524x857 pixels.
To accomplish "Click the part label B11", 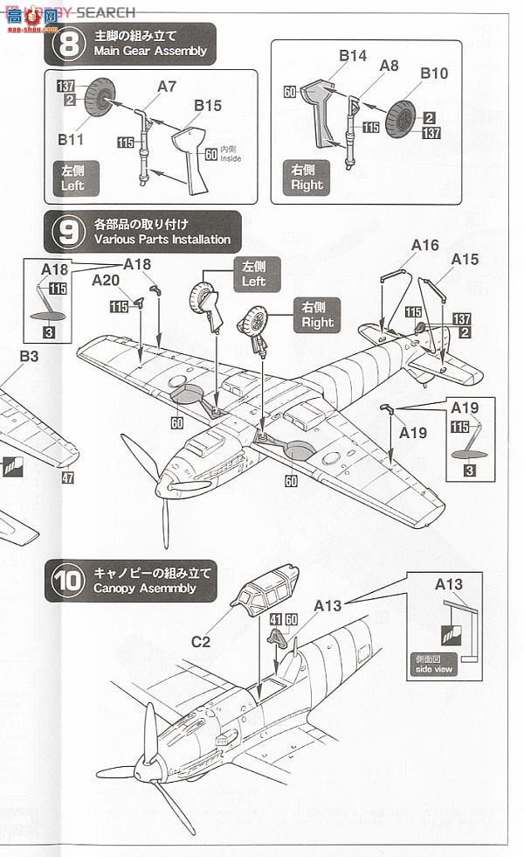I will click(x=71, y=138).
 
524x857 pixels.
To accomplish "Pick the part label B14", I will click(x=353, y=55).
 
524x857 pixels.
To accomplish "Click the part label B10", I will click(x=433, y=73).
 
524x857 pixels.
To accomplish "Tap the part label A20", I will click(x=106, y=279).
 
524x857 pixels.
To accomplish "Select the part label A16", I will click(x=424, y=246).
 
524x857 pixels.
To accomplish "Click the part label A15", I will click(x=465, y=259).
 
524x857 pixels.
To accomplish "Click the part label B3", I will click(x=30, y=356).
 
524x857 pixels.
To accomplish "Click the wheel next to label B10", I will click(x=406, y=108).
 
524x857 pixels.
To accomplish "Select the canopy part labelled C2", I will click(x=264, y=592).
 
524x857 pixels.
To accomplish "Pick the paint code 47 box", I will click(x=67, y=478).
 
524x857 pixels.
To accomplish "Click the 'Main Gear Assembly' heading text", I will click(x=151, y=51).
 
